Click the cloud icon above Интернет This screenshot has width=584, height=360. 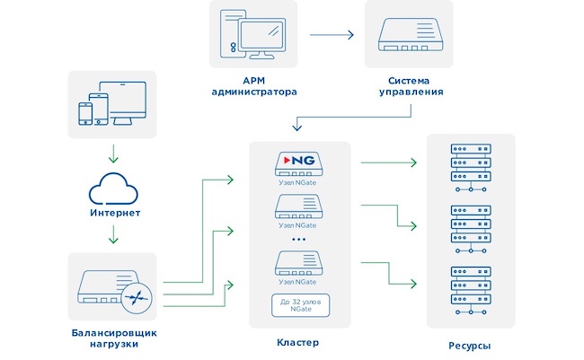coord(112,189)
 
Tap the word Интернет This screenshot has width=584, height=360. coord(112,214)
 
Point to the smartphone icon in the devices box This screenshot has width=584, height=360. coord(86,112)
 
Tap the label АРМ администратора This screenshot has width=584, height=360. coord(254,86)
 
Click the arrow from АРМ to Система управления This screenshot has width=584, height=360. coord(332,36)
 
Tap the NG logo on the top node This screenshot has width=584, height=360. coord(299,162)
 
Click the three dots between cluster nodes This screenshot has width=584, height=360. coord(299,241)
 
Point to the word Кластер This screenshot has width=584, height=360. coord(299,343)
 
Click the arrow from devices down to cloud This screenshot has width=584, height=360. coord(112,150)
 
